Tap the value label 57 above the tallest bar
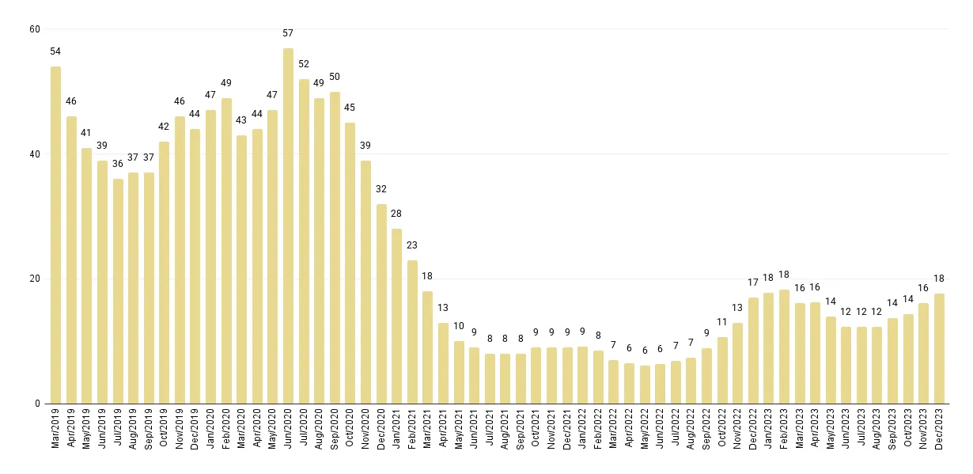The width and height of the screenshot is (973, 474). click(x=288, y=33)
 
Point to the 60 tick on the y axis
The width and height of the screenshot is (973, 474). click(x=34, y=29)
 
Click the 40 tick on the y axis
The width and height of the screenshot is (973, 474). click(x=34, y=154)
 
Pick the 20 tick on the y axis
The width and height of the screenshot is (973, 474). click(x=34, y=279)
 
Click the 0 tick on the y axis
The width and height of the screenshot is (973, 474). click(x=36, y=404)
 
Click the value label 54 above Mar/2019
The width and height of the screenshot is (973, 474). click(x=55, y=51)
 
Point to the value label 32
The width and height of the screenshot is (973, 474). click(x=381, y=189)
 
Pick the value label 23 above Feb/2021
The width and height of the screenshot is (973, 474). click(x=412, y=245)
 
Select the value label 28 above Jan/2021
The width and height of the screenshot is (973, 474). click(x=396, y=214)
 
